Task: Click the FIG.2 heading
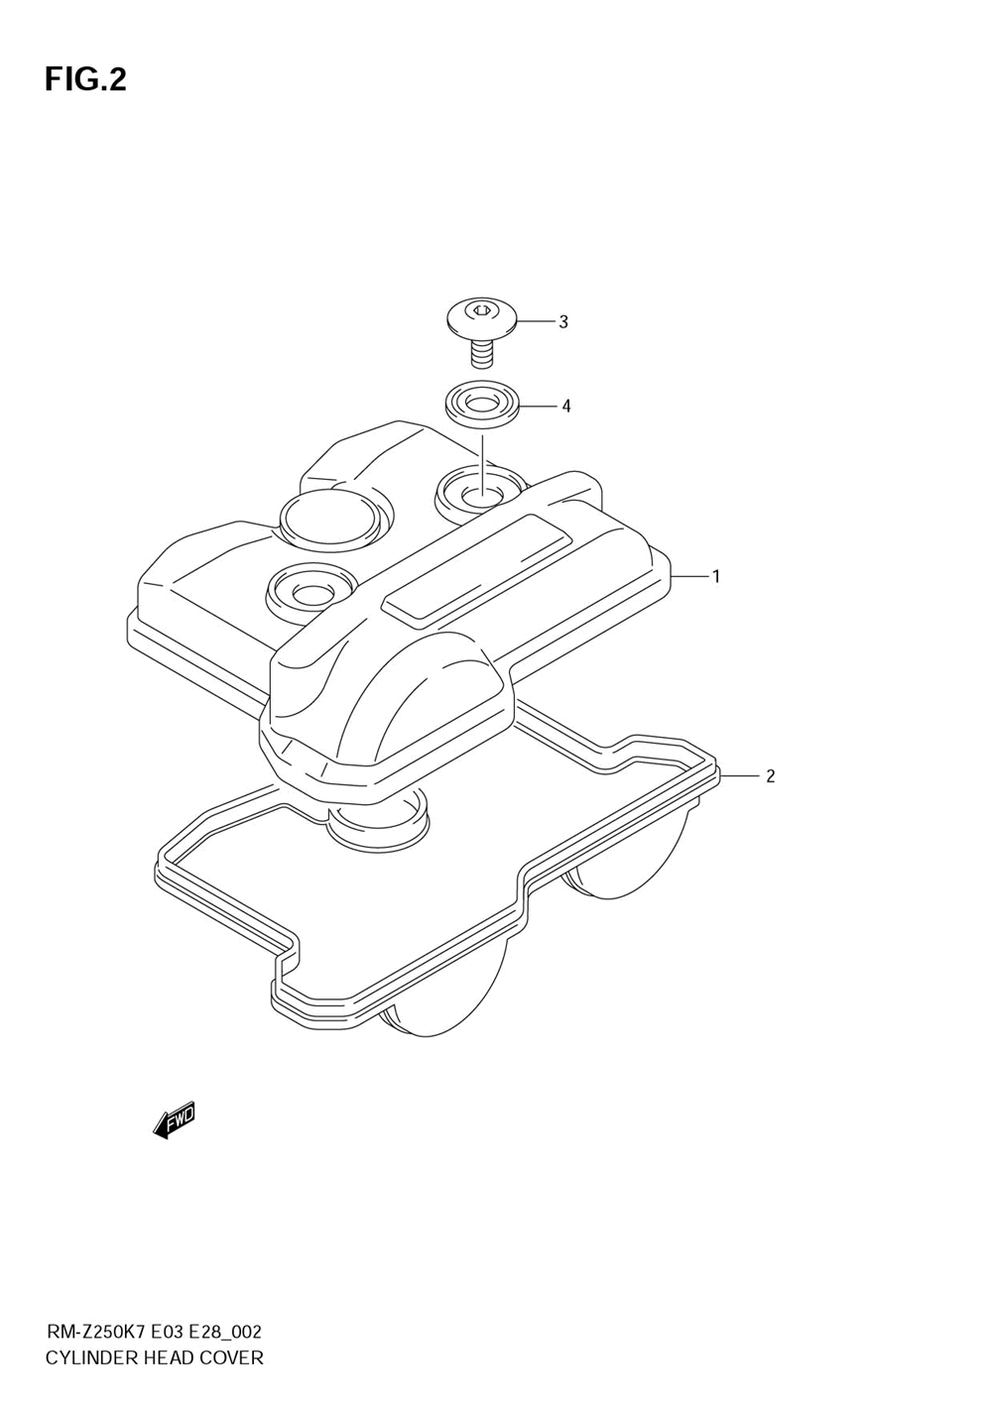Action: pos(85,79)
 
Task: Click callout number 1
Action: pos(716,576)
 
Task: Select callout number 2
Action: pos(770,776)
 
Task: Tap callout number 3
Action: pos(562,321)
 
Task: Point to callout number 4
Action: pos(565,406)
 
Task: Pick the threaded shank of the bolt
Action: pos(482,352)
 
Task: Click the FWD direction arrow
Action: pos(175,1119)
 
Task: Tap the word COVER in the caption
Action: pos(231,1357)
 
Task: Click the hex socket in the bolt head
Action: pos(481,310)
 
